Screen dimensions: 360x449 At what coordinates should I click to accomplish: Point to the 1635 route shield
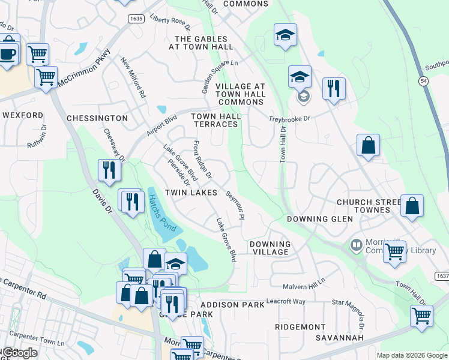pyautogui.click(x=136, y=19)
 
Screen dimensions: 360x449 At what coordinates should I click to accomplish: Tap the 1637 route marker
pyautogui.click(x=442, y=276)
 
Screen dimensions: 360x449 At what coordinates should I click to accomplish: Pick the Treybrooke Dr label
pyautogui.click(x=289, y=119)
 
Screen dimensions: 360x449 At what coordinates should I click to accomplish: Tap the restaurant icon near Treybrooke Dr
pyautogui.click(x=333, y=88)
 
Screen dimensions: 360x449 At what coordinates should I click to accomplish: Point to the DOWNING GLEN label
pyautogui.click(x=319, y=219)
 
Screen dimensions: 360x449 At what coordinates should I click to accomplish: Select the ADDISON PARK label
pyautogui.click(x=232, y=305)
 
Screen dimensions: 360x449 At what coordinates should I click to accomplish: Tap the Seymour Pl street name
pyautogui.click(x=235, y=206)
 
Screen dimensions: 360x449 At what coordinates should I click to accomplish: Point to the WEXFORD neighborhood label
pyautogui.click(x=23, y=115)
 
